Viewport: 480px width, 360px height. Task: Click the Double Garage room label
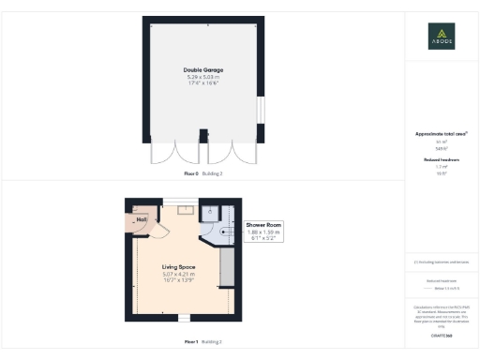(x=202, y=69)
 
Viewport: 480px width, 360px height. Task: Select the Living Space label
(x=176, y=267)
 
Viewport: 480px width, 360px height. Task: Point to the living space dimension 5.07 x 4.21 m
(x=176, y=274)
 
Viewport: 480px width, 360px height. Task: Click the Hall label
(x=142, y=219)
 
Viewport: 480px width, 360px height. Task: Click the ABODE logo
(x=442, y=36)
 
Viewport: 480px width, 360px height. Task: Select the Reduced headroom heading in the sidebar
(x=441, y=160)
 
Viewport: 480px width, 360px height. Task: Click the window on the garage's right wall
(x=260, y=112)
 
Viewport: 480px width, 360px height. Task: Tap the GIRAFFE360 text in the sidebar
(x=442, y=335)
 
